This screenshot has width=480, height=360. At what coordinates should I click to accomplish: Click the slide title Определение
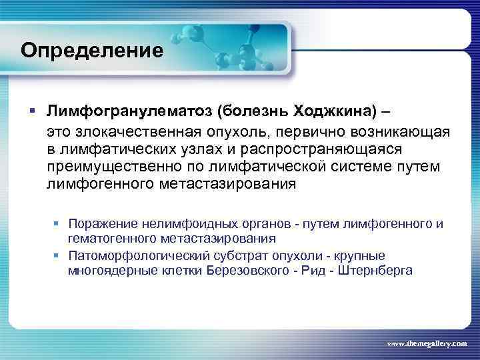pyautogui.click(x=91, y=50)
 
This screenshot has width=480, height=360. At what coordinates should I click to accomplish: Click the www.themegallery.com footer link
pyautogui.click(x=427, y=343)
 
